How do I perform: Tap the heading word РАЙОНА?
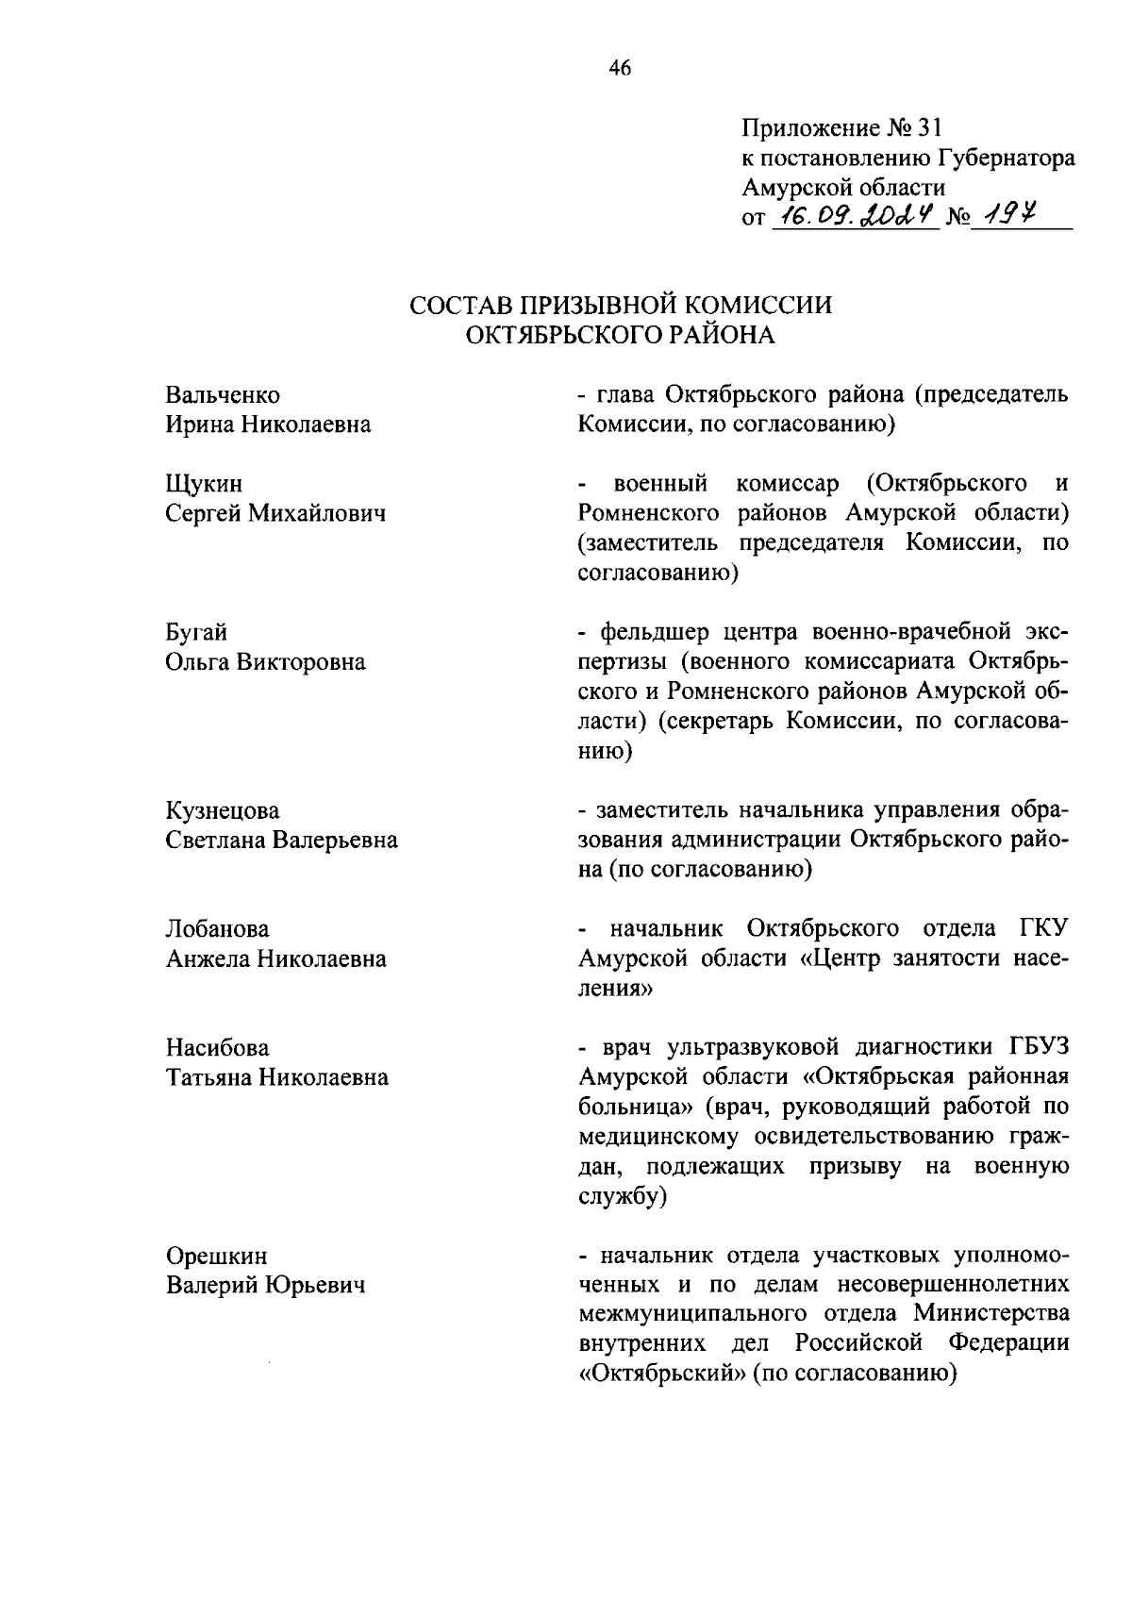coord(723,335)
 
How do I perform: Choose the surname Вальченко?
coord(223,394)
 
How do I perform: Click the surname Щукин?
coord(204,484)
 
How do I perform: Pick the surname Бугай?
coord(196,632)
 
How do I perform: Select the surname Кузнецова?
coord(223,810)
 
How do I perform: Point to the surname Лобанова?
coord(217,929)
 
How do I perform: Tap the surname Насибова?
coord(217,1048)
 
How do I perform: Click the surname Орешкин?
coord(216,1256)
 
